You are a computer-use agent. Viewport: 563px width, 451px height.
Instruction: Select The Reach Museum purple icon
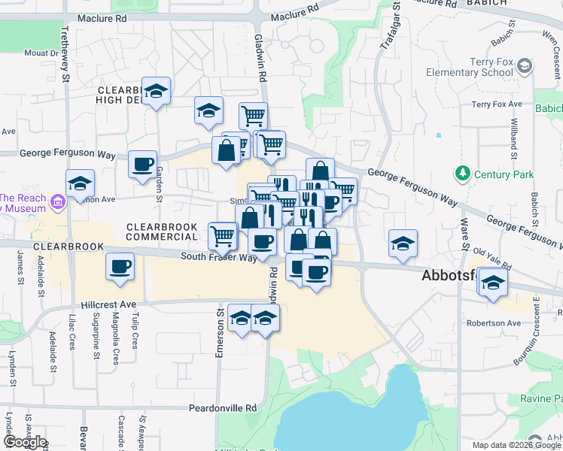point(57,201)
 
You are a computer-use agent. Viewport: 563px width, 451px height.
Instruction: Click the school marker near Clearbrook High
point(156,92)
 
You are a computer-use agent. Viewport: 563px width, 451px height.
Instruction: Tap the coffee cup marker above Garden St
point(142,165)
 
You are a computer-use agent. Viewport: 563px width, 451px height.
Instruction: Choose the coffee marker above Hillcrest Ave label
point(120,266)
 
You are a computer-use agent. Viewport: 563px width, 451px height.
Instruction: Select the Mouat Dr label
point(41,53)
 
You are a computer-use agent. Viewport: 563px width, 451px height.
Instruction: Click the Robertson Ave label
point(493,323)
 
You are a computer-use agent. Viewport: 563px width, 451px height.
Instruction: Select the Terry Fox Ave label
point(497,104)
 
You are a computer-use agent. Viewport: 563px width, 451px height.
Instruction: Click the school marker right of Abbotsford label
point(493,283)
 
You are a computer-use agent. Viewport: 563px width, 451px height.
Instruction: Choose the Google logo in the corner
point(24,443)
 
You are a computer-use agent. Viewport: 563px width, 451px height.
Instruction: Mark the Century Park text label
point(504,174)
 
